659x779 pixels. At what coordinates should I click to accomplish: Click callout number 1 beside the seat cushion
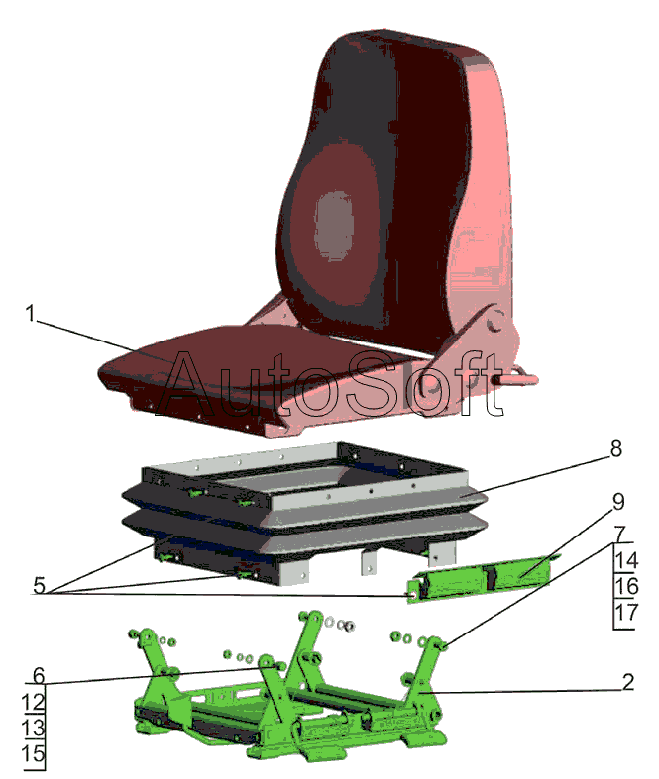coord(31,314)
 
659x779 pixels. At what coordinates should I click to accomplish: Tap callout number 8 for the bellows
coord(615,449)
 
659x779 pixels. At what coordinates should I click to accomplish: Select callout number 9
coord(618,502)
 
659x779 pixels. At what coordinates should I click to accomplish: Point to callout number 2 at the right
coord(628,682)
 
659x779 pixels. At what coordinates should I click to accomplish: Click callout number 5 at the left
coord(39,585)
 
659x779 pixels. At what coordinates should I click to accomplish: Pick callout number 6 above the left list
coord(39,676)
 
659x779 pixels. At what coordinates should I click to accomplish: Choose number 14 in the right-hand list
coord(626,560)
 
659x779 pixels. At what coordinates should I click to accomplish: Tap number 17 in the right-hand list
coord(626,613)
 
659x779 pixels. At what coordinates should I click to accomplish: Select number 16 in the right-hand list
coord(626,586)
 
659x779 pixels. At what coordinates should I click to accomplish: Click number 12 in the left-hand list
coord(34,702)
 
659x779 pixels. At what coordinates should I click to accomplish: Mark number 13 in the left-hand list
coord(34,728)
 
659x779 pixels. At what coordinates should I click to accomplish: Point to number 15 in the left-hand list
coord(34,753)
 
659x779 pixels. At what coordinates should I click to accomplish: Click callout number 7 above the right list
coord(619,535)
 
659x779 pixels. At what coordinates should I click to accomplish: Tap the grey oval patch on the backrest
coord(334,226)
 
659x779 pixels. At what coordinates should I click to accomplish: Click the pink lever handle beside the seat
coord(514,379)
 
